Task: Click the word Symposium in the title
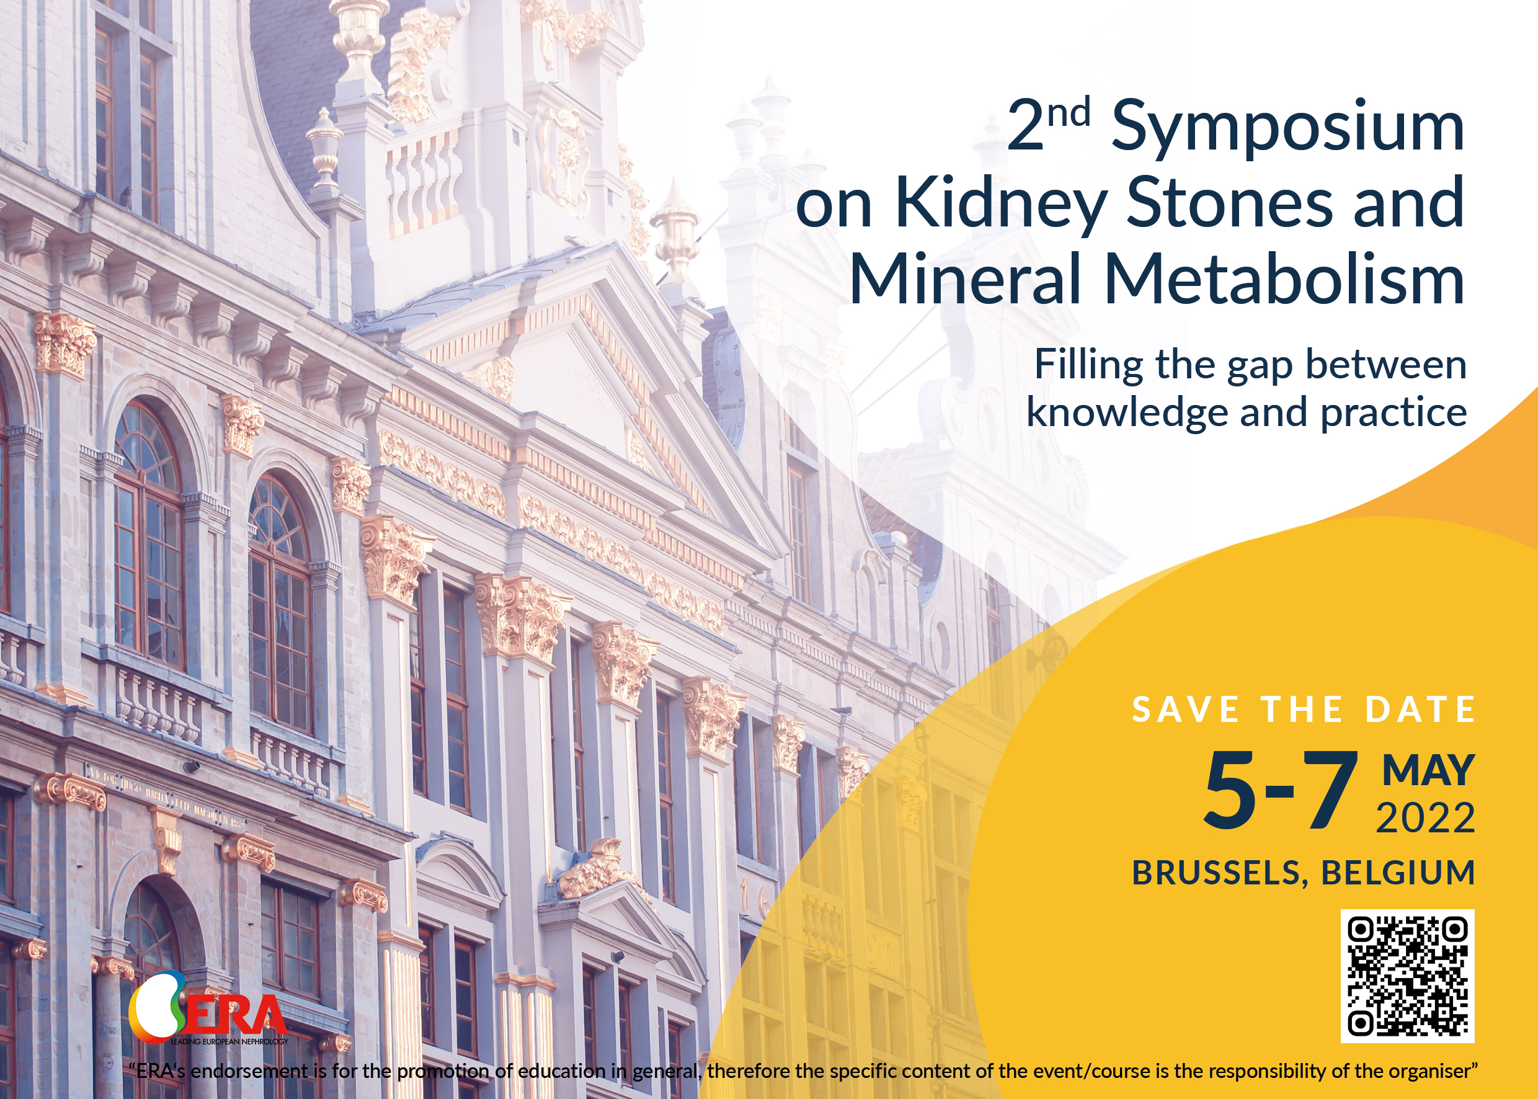tap(1287, 128)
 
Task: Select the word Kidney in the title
tap(1001, 203)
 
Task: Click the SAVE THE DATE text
tap(1304, 710)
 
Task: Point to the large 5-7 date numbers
tap(1280, 790)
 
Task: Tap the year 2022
tap(1426, 818)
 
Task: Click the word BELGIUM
tap(1398, 873)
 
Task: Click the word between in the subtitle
tap(1386, 366)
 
